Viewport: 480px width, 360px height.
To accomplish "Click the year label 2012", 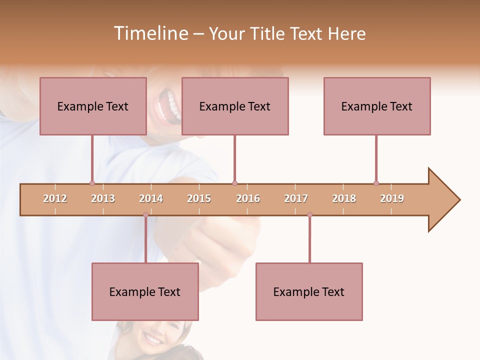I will click(55, 198).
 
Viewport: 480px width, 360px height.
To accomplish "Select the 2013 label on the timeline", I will click(103, 198).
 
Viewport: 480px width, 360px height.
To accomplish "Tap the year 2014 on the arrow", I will click(151, 198).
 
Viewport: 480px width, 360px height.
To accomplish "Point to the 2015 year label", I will click(199, 198).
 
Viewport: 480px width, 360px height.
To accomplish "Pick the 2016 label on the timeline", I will click(248, 198).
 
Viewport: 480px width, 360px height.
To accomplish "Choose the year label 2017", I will click(296, 198).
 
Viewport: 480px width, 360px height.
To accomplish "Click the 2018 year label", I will click(344, 198).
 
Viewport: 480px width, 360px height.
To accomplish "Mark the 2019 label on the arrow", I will click(392, 198).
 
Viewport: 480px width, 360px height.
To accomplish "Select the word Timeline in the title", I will click(149, 33).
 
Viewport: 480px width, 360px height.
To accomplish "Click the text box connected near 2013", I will click(93, 106).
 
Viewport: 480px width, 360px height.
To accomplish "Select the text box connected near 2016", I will click(235, 106).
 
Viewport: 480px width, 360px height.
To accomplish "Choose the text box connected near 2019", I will click(377, 106).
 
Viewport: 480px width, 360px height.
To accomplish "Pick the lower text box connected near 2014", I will click(145, 291).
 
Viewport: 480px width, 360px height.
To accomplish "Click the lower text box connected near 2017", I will click(309, 291).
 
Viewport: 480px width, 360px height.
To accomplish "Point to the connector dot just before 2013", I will click(92, 183).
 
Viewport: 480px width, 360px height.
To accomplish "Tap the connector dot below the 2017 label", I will click(309, 214).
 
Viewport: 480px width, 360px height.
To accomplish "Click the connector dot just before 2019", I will click(376, 183).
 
